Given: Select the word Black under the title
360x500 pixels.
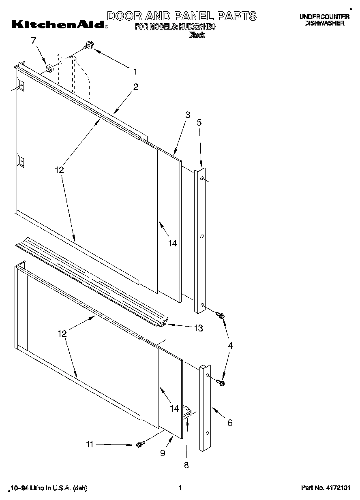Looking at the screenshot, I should (x=197, y=35).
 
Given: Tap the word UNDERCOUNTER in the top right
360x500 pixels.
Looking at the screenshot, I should (x=324, y=17).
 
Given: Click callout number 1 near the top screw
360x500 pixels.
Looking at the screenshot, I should (x=135, y=71).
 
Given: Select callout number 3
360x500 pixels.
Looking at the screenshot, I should (x=187, y=115).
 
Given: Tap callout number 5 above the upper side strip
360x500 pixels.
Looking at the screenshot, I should (x=199, y=122).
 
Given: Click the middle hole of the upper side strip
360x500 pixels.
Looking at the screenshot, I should (x=201, y=235).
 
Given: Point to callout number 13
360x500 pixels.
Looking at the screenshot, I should (x=198, y=328).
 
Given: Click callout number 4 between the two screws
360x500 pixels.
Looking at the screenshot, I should (x=230, y=346).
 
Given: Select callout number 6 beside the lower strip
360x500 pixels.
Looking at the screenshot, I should (x=230, y=423).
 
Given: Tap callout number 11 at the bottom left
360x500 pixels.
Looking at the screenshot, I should (x=90, y=444).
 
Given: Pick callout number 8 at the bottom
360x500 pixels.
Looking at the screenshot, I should (x=186, y=465).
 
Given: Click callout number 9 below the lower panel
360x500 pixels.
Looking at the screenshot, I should (x=163, y=453).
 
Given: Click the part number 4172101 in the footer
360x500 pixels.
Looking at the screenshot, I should (x=326, y=488).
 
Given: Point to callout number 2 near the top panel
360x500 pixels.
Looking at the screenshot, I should (x=135, y=86).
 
